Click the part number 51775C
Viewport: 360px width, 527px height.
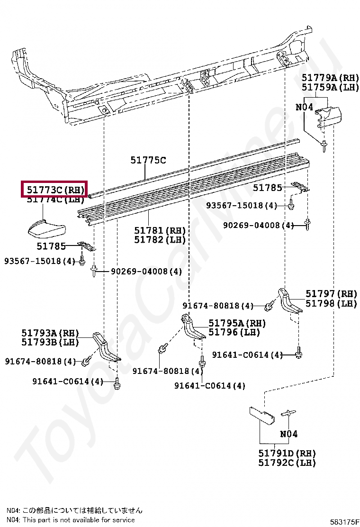pyautogui.click(x=148, y=161)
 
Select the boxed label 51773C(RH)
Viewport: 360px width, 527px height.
pyautogui.click(x=55, y=190)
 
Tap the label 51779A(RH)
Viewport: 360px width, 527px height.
pyautogui.click(x=330, y=77)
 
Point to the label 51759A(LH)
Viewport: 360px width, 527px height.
pyautogui.click(x=330, y=87)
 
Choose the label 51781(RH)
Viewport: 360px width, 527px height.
pyautogui.click(x=160, y=230)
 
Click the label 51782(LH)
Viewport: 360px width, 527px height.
pyautogui.click(x=160, y=240)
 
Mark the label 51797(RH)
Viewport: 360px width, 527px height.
pyautogui.click(x=331, y=294)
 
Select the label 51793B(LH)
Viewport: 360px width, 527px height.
pyautogui.click(x=50, y=342)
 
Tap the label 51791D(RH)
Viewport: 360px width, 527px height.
pyautogui.click(x=287, y=453)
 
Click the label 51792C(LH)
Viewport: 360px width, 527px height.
pyautogui.click(x=287, y=463)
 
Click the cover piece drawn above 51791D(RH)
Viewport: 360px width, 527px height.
pyautogui.click(x=262, y=416)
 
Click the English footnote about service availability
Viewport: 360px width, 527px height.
pyautogui.click(x=71, y=520)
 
